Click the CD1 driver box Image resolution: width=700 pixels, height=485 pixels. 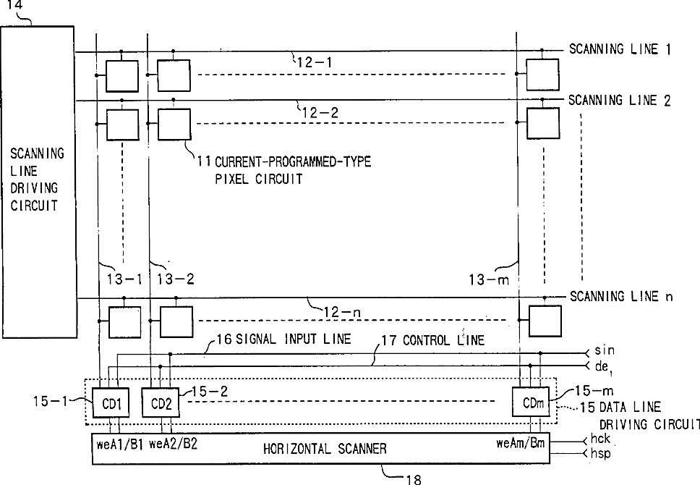[x=111, y=402]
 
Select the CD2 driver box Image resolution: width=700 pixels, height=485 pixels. [x=161, y=402]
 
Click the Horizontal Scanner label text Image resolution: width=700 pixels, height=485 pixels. [x=325, y=448]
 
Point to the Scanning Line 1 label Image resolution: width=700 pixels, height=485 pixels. [x=620, y=48]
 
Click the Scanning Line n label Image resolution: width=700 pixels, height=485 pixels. [x=621, y=296]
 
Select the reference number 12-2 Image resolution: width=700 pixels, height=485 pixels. [x=320, y=113]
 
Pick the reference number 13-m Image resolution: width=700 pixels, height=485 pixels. [x=489, y=280]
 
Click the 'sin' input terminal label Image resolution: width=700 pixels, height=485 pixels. [x=605, y=350]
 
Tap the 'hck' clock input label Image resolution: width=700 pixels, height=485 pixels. [x=600, y=439]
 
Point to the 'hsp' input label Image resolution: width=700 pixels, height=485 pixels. [x=600, y=453]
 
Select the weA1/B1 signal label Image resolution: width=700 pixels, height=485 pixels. [x=119, y=444]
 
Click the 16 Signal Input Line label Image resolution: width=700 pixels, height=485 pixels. [x=284, y=339]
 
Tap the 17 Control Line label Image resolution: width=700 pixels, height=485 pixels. [x=432, y=340]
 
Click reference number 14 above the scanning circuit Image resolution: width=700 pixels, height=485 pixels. [x=14, y=5]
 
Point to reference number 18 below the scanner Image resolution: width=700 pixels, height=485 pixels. [x=413, y=479]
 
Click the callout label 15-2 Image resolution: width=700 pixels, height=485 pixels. [x=210, y=392]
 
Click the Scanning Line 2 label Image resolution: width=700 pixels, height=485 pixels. [x=619, y=100]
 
